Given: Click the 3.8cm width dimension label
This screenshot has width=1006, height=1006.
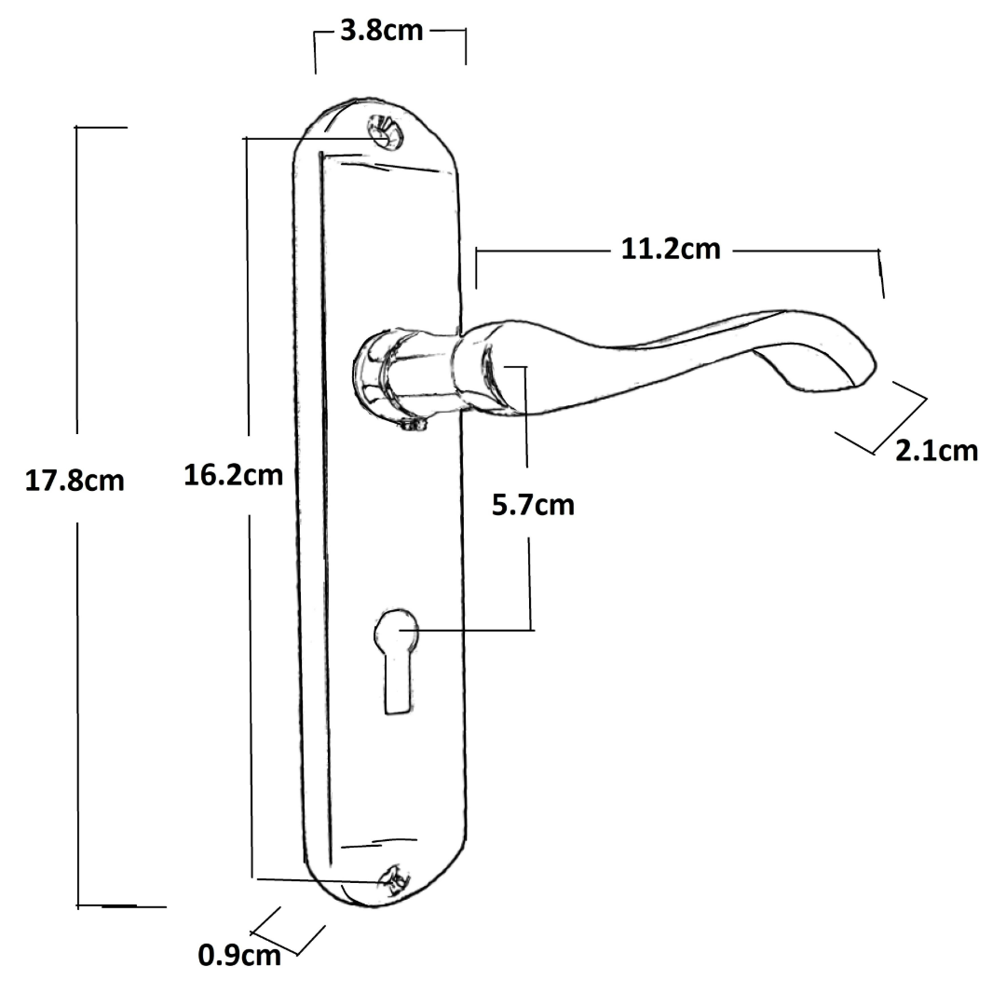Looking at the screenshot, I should click(x=381, y=31).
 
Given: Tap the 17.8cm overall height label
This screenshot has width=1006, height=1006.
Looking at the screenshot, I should click(x=74, y=481).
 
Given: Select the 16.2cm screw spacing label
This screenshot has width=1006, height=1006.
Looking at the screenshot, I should click(x=233, y=475).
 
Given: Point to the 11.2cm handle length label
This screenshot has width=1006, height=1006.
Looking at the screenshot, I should click(x=671, y=250).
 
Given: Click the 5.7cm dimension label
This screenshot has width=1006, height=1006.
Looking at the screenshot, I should click(x=533, y=505).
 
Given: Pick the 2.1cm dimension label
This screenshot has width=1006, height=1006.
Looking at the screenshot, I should click(x=937, y=451).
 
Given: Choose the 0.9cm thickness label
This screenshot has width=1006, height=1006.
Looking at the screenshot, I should click(x=238, y=955).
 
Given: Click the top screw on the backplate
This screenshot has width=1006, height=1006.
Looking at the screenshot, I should click(x=384, y=132).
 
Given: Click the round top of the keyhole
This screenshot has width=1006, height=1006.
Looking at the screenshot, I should click(x=396, y=631).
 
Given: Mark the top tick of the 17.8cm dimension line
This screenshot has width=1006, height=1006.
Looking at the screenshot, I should click(x=101, y=127).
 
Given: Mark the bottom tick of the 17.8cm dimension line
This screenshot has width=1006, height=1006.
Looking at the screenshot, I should click(x=119, y=905).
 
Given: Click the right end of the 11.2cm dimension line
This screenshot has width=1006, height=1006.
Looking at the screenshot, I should click(x=880, y=272).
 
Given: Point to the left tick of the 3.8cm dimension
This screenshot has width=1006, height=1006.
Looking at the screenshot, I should click(x=316, y=52).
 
